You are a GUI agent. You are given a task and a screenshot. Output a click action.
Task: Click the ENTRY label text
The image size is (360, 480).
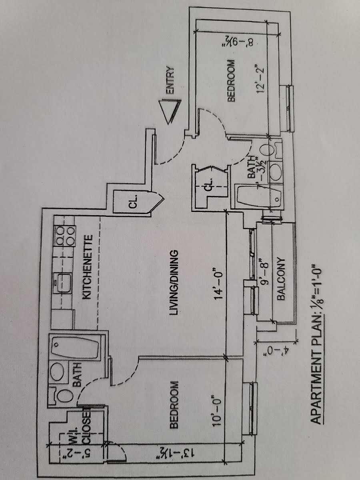click(x=170, y=80)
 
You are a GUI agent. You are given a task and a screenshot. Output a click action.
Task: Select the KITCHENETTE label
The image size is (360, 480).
click(x=88, y=267)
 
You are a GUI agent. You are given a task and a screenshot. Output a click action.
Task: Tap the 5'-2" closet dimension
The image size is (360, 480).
click(x=68, y=453)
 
